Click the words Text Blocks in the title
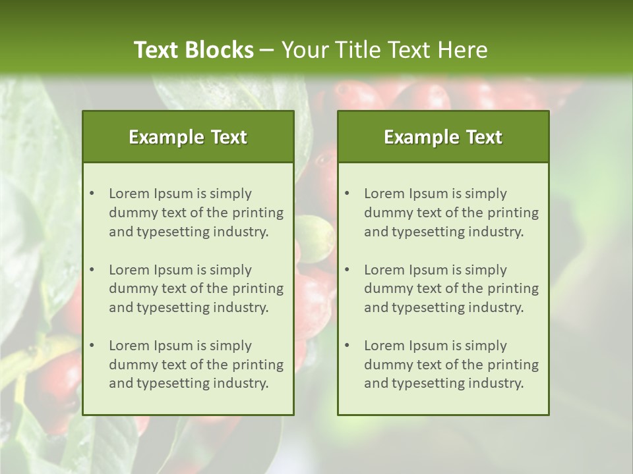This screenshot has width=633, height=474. click(193, 49)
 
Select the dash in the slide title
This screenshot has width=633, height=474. click(268, 50)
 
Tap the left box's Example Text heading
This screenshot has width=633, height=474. click(188, 137)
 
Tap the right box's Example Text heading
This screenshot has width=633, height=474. click(443, 137)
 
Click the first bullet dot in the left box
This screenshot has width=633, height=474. click(92, 194)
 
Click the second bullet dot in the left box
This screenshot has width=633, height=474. click(92, 270)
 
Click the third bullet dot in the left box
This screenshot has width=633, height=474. click(92, 346)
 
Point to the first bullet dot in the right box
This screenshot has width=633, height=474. click(347, 194)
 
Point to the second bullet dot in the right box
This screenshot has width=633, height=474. click(347, 270)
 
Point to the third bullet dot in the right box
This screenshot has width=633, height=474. click(347, 346)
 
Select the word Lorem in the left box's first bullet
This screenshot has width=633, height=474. click(129, 194)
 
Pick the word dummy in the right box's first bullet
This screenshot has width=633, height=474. click(385, 213)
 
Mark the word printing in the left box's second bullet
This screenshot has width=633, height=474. click(258, 288)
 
